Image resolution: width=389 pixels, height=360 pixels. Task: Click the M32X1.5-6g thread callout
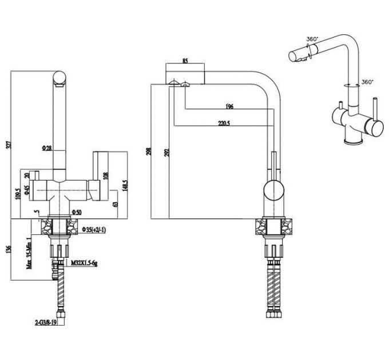84,263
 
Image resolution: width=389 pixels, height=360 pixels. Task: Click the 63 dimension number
115,203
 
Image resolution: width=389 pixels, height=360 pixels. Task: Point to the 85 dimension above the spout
185,59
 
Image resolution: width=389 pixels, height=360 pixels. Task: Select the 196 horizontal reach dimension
229,106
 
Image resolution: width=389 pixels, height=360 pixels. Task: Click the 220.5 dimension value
224,122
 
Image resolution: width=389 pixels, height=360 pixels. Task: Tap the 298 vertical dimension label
148,151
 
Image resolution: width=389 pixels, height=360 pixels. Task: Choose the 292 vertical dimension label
166,151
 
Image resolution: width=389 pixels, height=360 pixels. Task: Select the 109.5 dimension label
19,194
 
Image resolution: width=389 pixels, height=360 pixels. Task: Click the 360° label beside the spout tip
312,39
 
